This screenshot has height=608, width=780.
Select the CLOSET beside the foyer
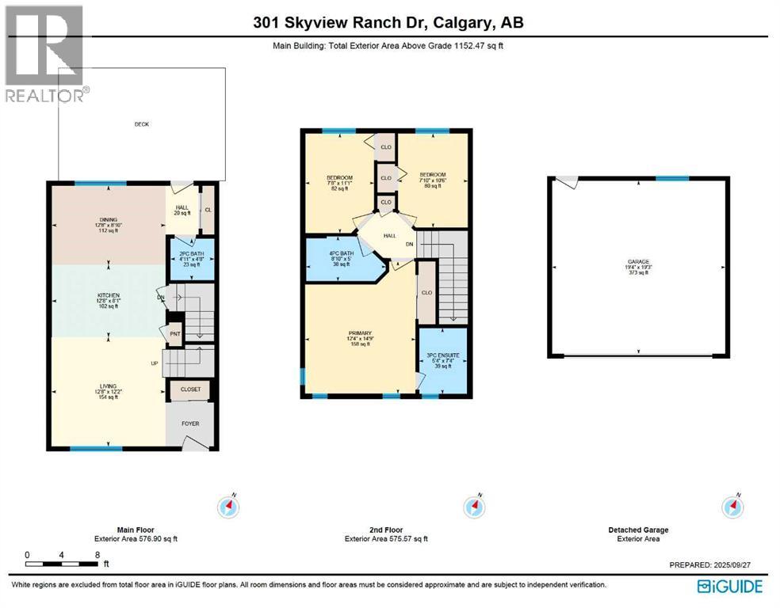(x=190, y=389)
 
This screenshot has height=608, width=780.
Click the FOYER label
(x=190, y=424)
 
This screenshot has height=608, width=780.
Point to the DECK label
(x=141, y=124)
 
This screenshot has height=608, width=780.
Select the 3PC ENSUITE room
(x=441, y=360)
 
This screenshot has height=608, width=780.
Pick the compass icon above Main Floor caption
(x=229, y=505)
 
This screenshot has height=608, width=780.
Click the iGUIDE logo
(x=729, y=586)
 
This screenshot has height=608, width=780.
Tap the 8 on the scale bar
(x=97, y=555)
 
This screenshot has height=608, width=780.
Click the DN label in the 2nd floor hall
(x=410, y=244)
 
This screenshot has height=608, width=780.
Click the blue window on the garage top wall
(x=671, y=179)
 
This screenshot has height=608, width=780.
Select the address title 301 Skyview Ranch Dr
(x=388, y=22)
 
